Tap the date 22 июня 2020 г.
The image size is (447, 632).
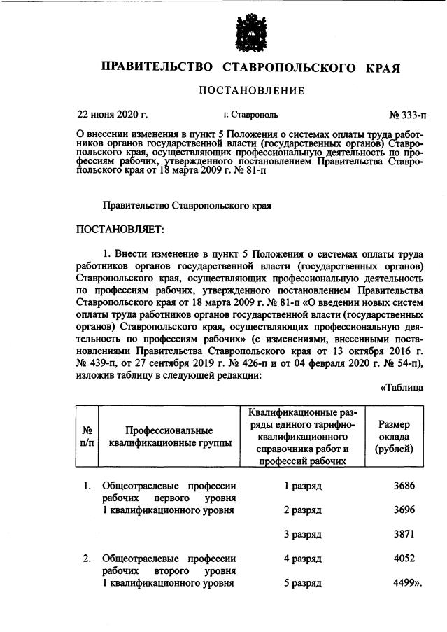pyautogui.click(x=112, y=113)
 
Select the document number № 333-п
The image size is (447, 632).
pyautogui.click(x=403, y=113)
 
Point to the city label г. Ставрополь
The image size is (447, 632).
pyautogui.click(x=249, y=113)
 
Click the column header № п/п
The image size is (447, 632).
pyautogui.click(x=88, y=436)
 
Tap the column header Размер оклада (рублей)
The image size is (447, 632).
pyautogui.click(x=394, y=436)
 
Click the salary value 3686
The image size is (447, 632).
pyautogui.click(x=402, y=485)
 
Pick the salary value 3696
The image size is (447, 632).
pyautogui.click(x=402, y=510)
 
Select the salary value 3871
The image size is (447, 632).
pyautogui.click(x=402, y=534)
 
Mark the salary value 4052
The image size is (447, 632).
pyautogui.click(x=402, y=559)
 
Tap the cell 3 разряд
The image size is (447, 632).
pyautogui.click(x=301, y=534)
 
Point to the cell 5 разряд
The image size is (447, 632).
pyautogui.click(x=301, y=583)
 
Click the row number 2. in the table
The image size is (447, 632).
pyautogui.click(x=87, y=559)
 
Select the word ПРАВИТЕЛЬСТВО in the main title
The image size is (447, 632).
pyautogui.click(x=157, y=67)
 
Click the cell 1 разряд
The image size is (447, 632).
pyautogui.click(x=301, y=485)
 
